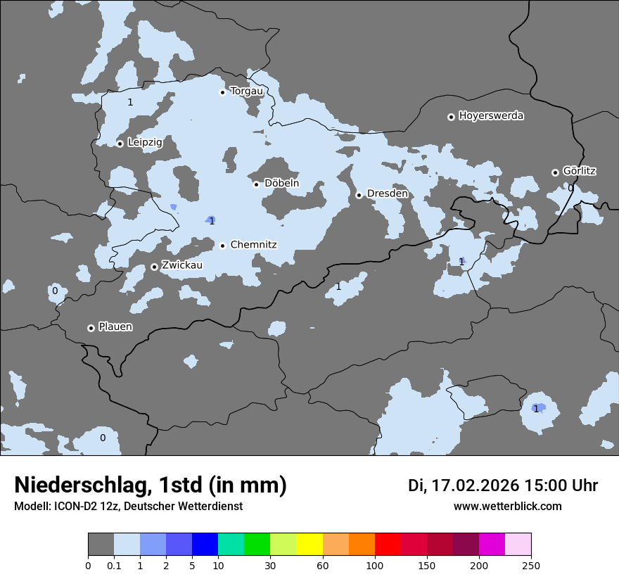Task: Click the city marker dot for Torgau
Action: (223, 91)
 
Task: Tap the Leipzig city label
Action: (145, 143)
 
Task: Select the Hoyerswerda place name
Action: (491, 116)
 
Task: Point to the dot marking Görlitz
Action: (555, 172)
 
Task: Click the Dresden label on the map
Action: (387, 193)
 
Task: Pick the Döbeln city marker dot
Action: (257, 184)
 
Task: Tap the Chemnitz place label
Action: (253, 245)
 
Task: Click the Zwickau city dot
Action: (155, 267)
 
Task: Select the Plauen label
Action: (115, 327)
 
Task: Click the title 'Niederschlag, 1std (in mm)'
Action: (151, 485)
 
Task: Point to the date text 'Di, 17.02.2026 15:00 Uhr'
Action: (503, 485)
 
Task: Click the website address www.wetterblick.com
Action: (507, 506)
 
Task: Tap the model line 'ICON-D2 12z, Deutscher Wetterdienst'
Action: (128, 506)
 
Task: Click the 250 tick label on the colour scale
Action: (531, 565)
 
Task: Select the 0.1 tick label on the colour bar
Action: (114, 565)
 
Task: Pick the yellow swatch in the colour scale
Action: (309, 545)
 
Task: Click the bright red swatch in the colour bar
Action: (388, 545)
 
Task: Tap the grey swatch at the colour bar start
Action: (101, 545)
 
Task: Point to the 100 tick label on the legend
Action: (375, 565)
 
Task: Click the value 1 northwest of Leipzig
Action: (130, 102)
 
